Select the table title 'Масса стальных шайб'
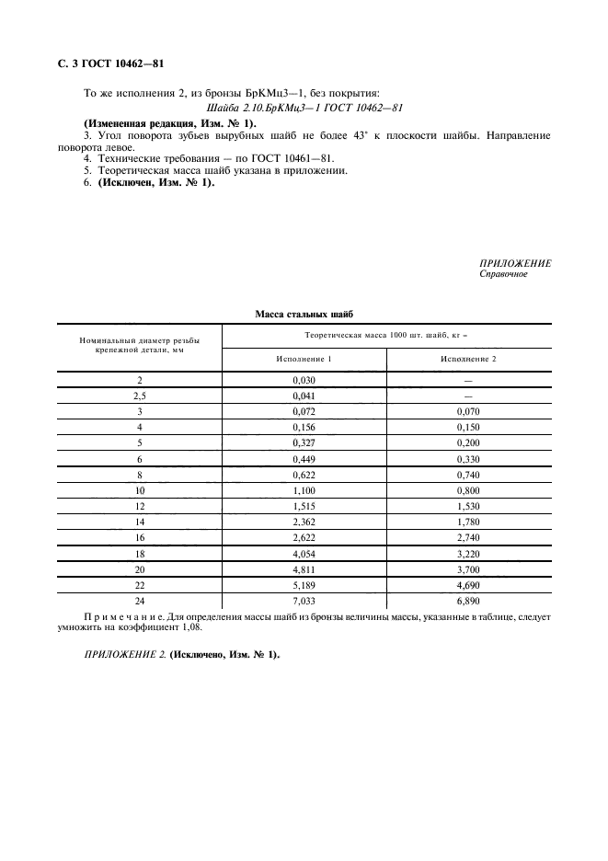(x=304, y=315)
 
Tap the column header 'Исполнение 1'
(x=304, y=358)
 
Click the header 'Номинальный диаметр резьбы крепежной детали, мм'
(x=140, y=345)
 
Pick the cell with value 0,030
(x=304, y=379)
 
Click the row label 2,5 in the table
(x=140, y=396)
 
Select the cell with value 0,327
(x=304, y=442)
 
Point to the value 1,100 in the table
(x=304, y=490)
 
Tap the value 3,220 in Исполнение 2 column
(x=468, y=554)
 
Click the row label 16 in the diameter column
(x=140, y=537)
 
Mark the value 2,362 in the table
(x=304, y=522)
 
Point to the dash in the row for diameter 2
(x=468, y=379)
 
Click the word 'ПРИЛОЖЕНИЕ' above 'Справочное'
(x=515, y=263)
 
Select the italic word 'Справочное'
(x=503, y=273)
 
